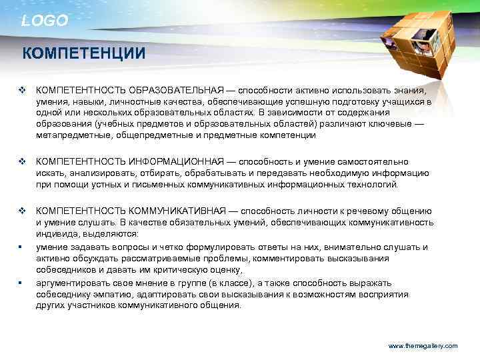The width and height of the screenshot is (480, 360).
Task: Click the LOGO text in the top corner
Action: coord(45,21)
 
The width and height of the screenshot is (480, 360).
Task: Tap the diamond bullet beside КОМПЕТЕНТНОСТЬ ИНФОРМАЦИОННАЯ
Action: coord(21,161)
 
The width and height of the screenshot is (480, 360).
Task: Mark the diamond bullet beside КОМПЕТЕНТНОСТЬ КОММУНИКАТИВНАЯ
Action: coord(21,211)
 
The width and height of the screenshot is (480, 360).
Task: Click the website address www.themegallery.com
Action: coord(423,346)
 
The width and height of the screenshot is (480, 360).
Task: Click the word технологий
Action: coord(375,185)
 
